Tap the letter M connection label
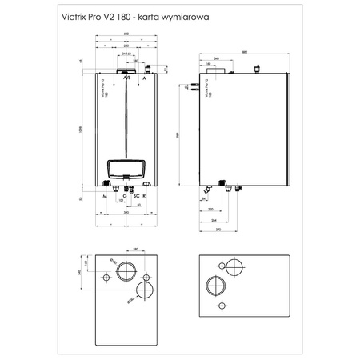click(x=105, y=195)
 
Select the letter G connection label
click(x=125, y=195)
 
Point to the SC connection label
click(x=136, y=195)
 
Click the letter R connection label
click(x=144, y=195)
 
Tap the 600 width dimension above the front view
click(x=126, y=34)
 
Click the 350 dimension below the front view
click(x=125, y=214)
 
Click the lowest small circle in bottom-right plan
click(x=221, y=307)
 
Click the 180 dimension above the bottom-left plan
click(x=135, y=250)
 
